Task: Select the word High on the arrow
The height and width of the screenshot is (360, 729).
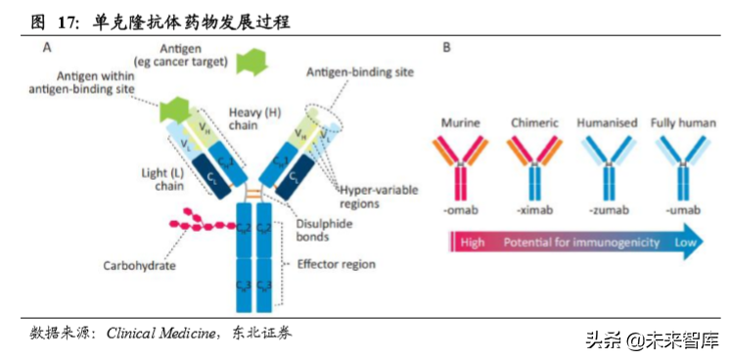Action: pyautogui.click(x=473, y=242)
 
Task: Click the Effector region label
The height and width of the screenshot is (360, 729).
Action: pyautogui.click(x=336, y=264)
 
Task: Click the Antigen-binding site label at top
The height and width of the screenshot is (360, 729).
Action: pyautogui.click(x=354, y=71)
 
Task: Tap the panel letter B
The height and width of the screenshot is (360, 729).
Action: pyautogui.click(x=446, y=46)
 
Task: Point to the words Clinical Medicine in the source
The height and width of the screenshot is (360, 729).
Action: pyautogui.click(x=161, y=333)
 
